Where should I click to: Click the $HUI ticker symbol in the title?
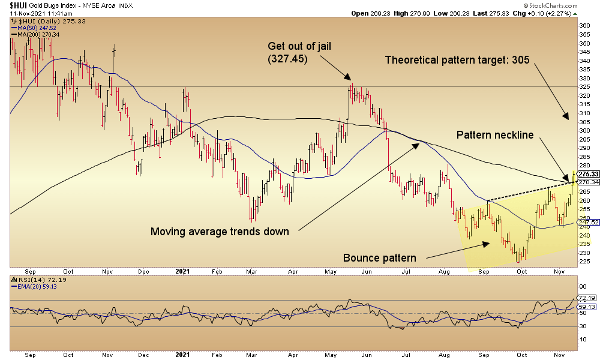click(17, 5)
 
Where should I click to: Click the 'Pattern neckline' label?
click(495, 135)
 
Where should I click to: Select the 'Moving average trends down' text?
click(220, 232)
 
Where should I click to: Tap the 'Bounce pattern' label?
click(379, 258)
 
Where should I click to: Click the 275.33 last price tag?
click(586, 174)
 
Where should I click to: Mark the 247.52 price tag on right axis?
click(586, 222)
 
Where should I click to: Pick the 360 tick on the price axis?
click(584, 26)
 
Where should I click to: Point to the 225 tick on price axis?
click(584, 261)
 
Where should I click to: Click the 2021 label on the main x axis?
click(183, 271)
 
